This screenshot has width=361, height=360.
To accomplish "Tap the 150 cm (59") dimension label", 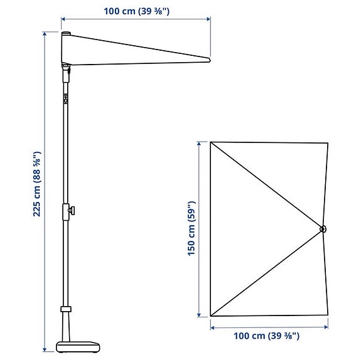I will (192, 229).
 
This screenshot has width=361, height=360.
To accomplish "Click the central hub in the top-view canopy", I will (322, 229).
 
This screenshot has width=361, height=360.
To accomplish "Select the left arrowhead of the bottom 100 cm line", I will (213, 327).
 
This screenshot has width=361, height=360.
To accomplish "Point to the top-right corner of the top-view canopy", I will (328, 142).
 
